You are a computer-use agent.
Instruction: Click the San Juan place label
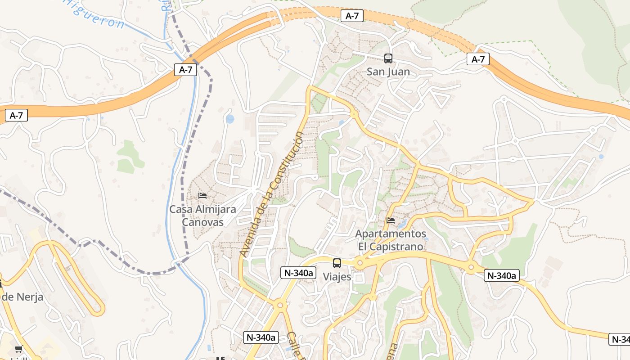388,72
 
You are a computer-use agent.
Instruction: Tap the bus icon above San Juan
388,58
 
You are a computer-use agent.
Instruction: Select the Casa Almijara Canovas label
202,216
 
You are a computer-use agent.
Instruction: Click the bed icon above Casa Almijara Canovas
202,196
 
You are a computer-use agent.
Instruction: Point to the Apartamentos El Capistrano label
391,240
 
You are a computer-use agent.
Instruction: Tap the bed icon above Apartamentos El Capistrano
391,220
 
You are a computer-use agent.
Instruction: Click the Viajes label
337,277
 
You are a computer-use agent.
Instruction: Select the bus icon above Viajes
337,263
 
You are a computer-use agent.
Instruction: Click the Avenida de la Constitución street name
272,194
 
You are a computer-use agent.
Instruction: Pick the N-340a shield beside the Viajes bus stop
298,272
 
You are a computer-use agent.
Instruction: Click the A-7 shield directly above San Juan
352,16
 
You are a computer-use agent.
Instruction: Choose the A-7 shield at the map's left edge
16,116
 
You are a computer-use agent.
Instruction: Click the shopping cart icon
18,349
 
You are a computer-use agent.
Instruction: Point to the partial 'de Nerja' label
22,297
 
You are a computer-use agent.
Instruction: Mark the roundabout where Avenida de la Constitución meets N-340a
280,305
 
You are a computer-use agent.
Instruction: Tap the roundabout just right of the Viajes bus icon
359,263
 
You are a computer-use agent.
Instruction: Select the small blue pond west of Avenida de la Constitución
230,119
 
